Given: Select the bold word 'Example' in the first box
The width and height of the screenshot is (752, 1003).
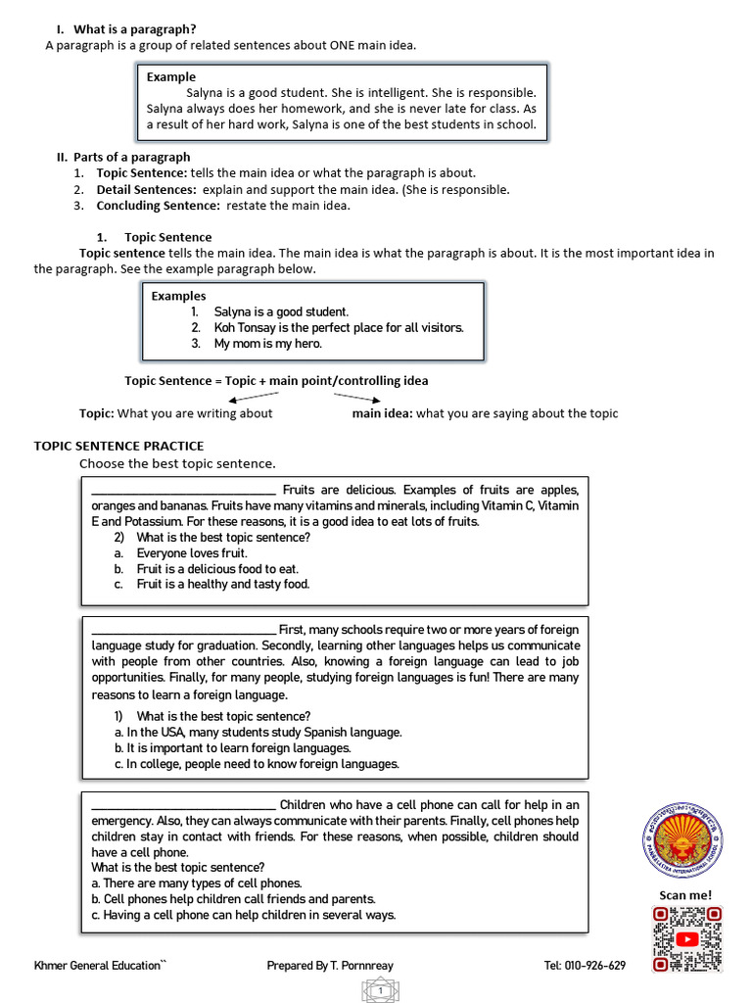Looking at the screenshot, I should pyautogui.click(x=171, y=76).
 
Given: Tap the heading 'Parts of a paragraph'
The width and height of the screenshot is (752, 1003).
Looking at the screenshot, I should pyautogui.click(x=131, y=157).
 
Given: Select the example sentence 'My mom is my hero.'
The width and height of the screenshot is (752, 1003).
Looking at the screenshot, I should pyautogui.click(x=267, y=344).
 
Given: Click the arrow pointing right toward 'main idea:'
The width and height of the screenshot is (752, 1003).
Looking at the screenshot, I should pyautogui.click(x=356, y=397).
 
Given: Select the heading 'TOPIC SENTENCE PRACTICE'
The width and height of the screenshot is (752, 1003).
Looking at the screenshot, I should pyautogui.click(x=118, y=446).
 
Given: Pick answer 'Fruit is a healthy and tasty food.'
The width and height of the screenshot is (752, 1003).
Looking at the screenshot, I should pyautogui.click(x=222, y=585).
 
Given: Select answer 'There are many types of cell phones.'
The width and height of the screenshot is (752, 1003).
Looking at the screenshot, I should pyautogui.click(x=196, y=884).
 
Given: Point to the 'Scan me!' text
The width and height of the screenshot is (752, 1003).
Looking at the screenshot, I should pyautogui.click(x=685, y=894).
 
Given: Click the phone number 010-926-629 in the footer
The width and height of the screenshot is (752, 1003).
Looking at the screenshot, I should pyautogui.click(x=585, y=966).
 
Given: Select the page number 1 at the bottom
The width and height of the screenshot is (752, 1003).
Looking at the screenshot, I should pyautogui.click(x=377, y=992).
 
